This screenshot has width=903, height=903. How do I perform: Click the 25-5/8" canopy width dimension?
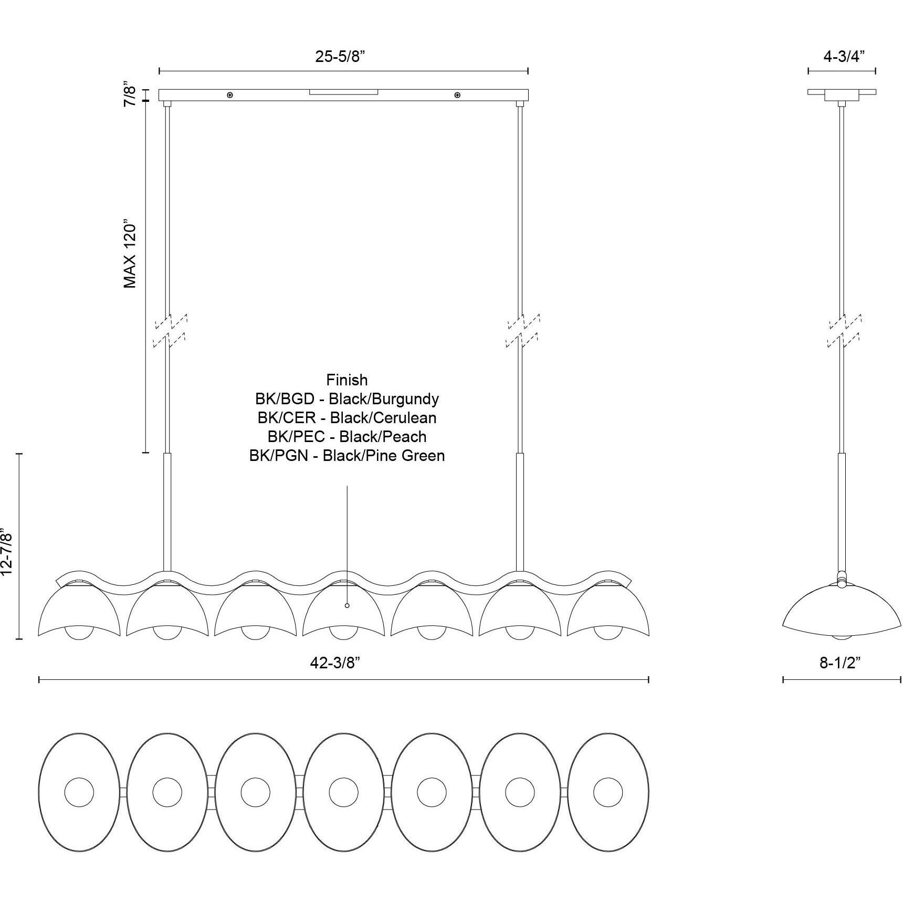pyautogui.click(x=340, y=57)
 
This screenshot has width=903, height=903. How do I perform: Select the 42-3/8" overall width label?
pyautogui.click(x=335, y=663)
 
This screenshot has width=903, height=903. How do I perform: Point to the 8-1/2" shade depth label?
pyautogui.click(x=840, y=663)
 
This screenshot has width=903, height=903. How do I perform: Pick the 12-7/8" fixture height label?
pyautogui.click(x=7, y=552)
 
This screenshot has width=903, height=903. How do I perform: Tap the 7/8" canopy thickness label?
pyautogui.click(x=130, y=94)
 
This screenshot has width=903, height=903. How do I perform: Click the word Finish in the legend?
pyautogui.click(x=346, y=380)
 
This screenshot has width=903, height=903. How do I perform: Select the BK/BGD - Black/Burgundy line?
pyautogui.click(x=346, y=399)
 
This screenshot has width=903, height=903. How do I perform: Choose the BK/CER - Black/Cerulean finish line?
pyautogui.click(x=346, y=418)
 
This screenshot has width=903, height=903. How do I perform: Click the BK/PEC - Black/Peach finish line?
pyautogui.click(x=346, y=437)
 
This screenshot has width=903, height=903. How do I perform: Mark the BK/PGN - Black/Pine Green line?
pyautogui.click(x=346, y=456)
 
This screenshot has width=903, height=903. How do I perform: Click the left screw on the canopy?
pyautogui.click(x=230, y=95)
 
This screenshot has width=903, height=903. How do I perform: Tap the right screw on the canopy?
pyautogui.click(x=458, y=95)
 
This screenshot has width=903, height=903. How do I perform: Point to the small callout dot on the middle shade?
pyautogui.click(x=347, y=605)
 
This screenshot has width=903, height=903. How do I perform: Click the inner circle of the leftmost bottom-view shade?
pyautogui.click(x=79, y=792)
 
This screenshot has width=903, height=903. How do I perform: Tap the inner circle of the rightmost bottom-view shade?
pyautogui.click(x=608, y=792)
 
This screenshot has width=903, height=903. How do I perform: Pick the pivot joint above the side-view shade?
pyautogui.click(x=842, y=579)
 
